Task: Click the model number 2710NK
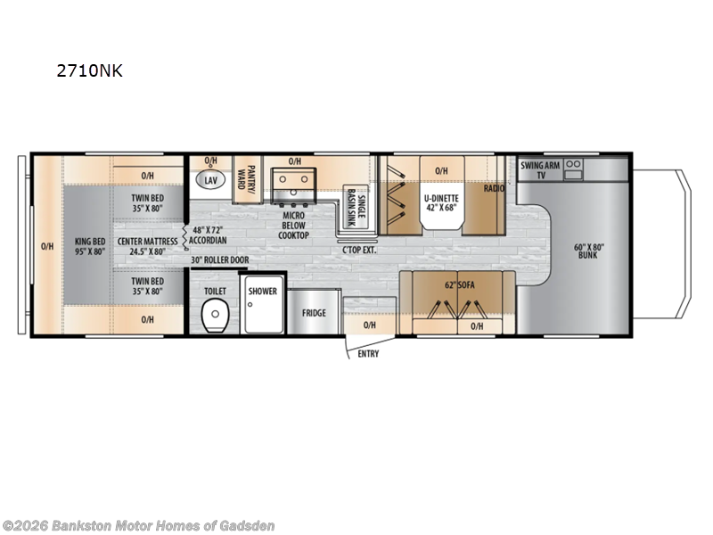(89, 72)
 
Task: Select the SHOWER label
(262, 291)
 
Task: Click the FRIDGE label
(313, 313)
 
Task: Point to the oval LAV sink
(210, 180)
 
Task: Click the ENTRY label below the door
(367, 354)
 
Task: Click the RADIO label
(495, 189)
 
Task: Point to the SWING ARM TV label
(540, 170)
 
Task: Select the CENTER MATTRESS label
(145, 246)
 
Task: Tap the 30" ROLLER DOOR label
(219, 260)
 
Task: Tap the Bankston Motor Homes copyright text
(139, 525)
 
